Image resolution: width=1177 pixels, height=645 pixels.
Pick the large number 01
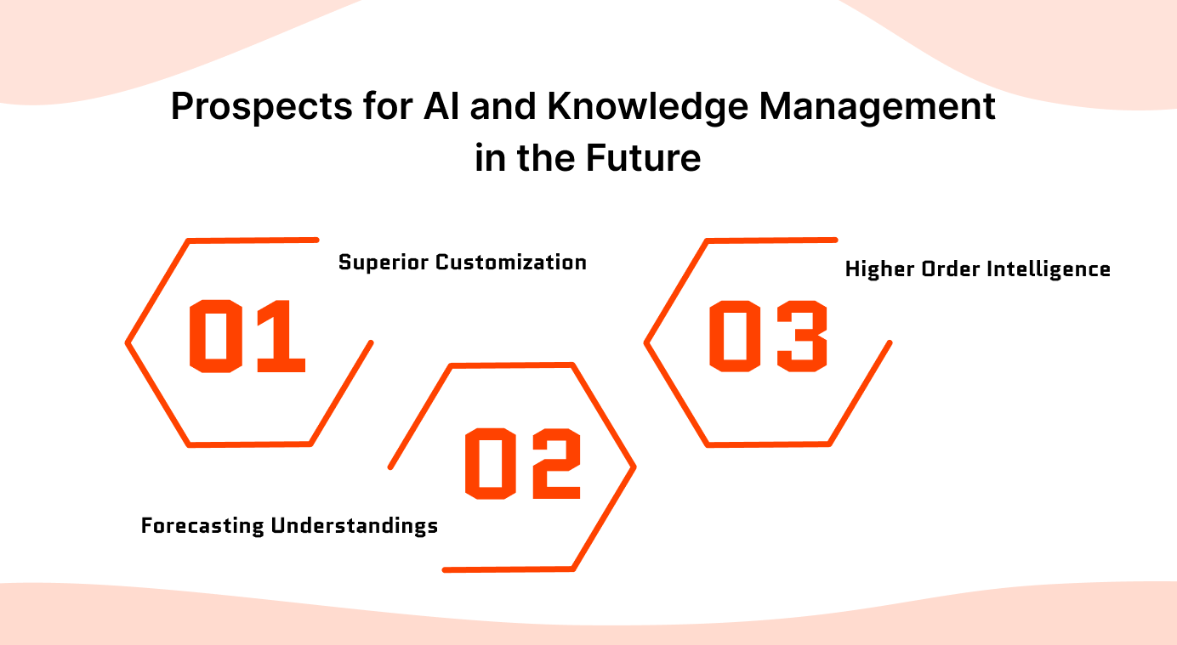(x=247, y=337)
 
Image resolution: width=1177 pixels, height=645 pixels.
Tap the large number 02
(x=523, y=463)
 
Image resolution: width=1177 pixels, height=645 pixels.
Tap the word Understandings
(x=354, y=526)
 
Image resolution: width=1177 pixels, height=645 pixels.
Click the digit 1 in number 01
(x=277, y=337)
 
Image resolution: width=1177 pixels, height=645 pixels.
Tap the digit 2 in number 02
(x=554, y=463)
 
